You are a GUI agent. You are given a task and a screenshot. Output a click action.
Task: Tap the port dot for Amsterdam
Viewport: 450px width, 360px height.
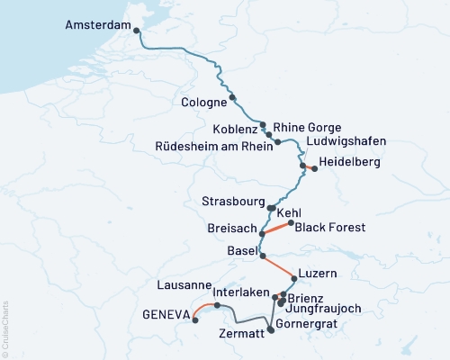point(137,31)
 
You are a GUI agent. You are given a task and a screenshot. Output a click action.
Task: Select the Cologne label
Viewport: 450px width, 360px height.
point(203,102)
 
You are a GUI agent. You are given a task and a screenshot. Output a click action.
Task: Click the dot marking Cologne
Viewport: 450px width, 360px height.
point(232,97)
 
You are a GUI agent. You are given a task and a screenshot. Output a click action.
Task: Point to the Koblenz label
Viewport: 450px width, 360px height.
point(236,127)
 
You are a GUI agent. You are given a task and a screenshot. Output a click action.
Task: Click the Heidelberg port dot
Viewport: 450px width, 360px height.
point(314,167)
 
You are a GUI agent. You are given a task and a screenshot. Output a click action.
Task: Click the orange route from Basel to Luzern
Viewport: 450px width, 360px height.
point(278,267)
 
